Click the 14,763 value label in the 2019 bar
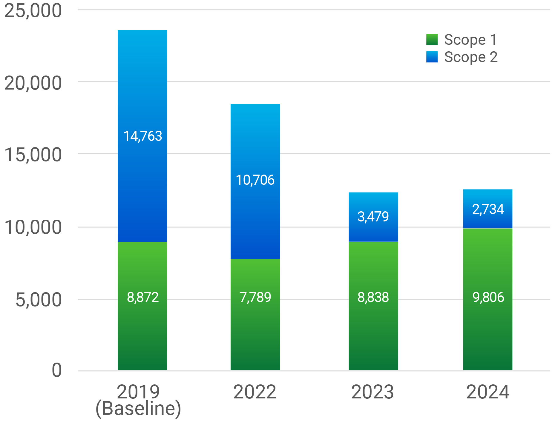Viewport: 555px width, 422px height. click(x=142, y=136)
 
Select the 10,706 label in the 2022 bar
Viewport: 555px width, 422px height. click(x=255, y=180)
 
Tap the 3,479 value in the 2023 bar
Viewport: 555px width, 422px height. click(x=373, y=217)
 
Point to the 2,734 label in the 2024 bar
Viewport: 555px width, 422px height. click(x=488, y=209)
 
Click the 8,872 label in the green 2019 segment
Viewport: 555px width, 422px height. click(x=142, y=298)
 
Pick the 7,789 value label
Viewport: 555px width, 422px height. click(x=255, y=298)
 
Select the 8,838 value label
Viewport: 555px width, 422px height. click(x=373, y=298)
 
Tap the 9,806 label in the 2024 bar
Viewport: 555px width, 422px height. click(x=488, y=298)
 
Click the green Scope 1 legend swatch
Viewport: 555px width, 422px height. click(x=432, y=40)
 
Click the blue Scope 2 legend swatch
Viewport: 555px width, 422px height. click(x=432, y=57)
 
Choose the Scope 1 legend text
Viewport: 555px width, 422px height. click(x=470, y=40)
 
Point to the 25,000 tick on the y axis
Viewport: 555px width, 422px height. click(x=33, y=11)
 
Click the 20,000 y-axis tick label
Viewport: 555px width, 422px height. click(x=33, y=83)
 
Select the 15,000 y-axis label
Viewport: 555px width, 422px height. click(x=33, y=155)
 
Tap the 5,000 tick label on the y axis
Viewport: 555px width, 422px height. click(x=38, y=300)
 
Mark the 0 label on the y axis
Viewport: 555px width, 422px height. click(x=56, y=370)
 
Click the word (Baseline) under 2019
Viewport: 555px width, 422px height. click(x=138, y=409)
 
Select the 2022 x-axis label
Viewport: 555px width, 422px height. click(x=255, y=392)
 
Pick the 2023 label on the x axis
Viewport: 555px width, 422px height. click(x=373, y=392)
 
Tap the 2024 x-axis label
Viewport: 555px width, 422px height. click(x=488, y=392)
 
